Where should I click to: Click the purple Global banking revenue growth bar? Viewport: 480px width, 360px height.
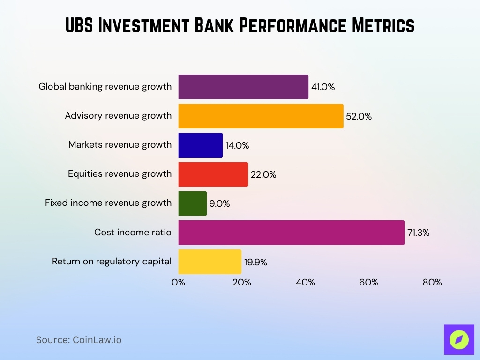(x=243, y=87)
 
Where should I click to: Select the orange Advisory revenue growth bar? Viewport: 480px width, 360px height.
(x=261, y=116)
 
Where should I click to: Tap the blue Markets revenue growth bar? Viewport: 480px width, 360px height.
(x=201, y=145)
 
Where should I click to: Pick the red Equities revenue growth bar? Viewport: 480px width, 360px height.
(x=213, y=174)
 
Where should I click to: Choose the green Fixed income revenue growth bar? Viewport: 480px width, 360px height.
(x=193, y=203)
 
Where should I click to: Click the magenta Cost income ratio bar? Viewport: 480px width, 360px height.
(x=291, y=232)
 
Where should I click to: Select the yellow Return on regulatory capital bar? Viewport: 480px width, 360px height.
(x=210, y=262)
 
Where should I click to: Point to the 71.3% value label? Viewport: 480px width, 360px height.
(x=418, y=233)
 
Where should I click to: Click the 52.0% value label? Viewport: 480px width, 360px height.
(x=359, y=117)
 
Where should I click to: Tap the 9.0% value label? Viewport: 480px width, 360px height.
(x=219, y=204)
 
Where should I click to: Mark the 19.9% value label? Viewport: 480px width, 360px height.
(x=255, y=262)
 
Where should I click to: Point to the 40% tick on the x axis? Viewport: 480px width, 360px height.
(x=305, y=283)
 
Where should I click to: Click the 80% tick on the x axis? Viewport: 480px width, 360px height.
(x=432, y=283)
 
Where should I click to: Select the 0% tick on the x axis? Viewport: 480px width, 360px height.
(x=179, y=283)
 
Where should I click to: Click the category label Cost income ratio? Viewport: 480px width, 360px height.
(x=133, y=232)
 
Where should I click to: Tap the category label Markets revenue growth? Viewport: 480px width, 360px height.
(x=120, y=144)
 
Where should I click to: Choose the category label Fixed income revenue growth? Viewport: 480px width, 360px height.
(x=108, y=202)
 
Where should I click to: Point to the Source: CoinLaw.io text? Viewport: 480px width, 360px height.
(x=79, y=340)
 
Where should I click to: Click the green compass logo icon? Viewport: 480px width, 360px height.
(x=459, y=339)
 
